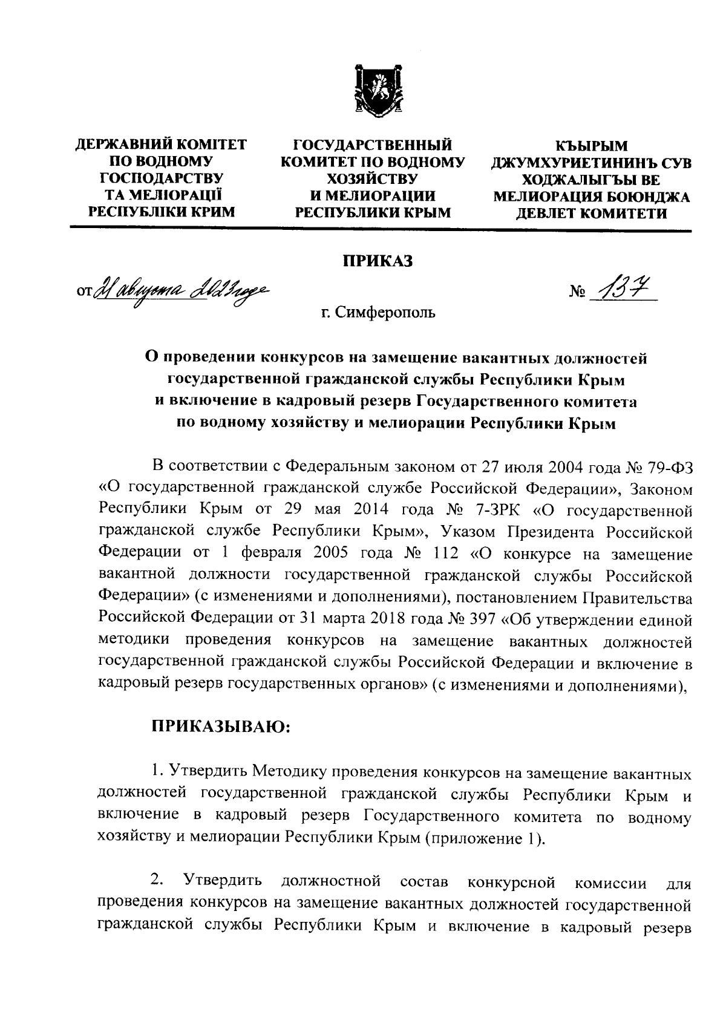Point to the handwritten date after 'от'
point(177,290)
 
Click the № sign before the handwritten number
point(577,295)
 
